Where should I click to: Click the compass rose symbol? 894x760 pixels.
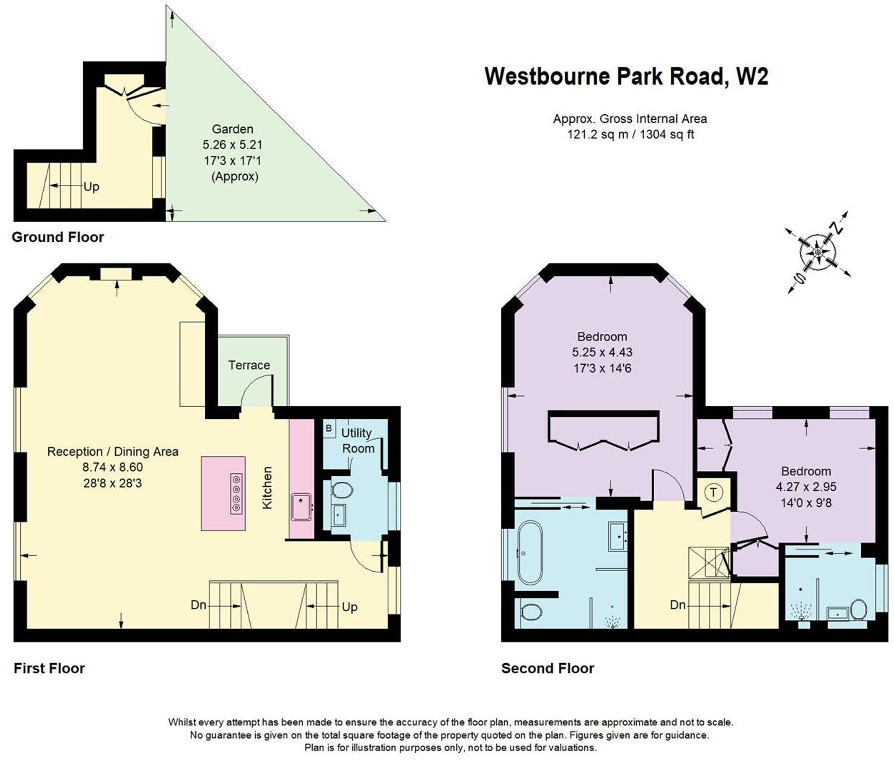pyautogui.click(x=818, y=252)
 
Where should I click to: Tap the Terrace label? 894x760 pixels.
pyautogui.click(x=249, y=365)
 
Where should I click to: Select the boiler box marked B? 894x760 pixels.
pyautogui.click(x=328, y=428)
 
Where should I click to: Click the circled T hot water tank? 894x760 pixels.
pyautogui.click(x=714, y=492)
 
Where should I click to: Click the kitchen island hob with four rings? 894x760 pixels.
pyautogui.click(x=236, y=493)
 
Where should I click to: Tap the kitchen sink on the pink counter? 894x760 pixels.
pyautogui.click(x=301, y=506)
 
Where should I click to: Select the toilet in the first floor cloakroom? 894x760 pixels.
pyautogui.click(x=342, y=491)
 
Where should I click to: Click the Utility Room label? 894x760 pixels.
pyautogui.click(x=357, y=440)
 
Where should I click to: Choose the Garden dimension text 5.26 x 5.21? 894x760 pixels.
pyautogui.click(x=232, y=145)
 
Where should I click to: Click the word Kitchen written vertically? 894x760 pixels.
pyautogui.click(x=267, y=487)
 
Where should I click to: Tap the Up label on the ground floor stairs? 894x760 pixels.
pyautogui.click(x=91, y=187)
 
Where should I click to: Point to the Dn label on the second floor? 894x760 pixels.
pyautogui.click(x=677, y=605)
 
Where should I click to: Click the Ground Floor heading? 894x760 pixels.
pyautogui.click(x=58, y=237)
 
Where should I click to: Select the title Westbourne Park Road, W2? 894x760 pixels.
pyautogui.click(x=626, y=76)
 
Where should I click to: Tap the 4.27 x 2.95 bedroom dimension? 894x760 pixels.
pyautogui.click(x=806, y=487)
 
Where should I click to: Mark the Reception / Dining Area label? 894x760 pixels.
pyautogui.click(x=112, y=452)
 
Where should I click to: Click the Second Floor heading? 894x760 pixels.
pyautogui.click(x=547, y=668)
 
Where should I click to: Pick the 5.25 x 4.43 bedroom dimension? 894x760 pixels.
pyautogui.click(x=602, y=352)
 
